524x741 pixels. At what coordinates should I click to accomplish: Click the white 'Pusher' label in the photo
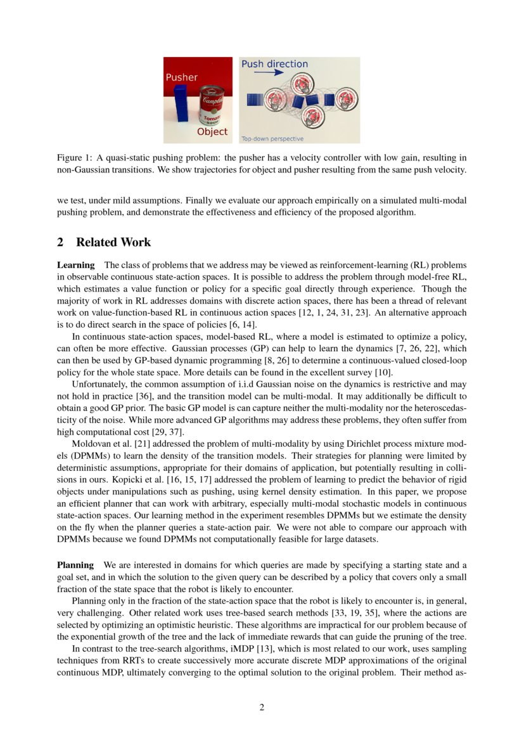(182, 77)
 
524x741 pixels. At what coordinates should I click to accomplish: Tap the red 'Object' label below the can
(212, 132)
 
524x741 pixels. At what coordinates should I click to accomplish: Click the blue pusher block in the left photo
(179, 106)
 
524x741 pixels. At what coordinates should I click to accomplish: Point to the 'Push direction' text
(274, 64)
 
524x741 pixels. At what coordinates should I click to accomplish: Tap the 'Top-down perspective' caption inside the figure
(272, 138)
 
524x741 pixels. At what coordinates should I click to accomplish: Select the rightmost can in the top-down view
(345, 99)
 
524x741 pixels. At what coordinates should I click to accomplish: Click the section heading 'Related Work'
(113, 243)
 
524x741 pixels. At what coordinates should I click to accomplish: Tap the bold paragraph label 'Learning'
(76, 264)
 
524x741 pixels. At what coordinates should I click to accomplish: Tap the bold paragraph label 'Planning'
(75, 565)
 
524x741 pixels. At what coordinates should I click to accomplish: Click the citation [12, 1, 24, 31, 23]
(388, 313)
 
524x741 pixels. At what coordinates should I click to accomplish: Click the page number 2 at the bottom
(262, 707)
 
